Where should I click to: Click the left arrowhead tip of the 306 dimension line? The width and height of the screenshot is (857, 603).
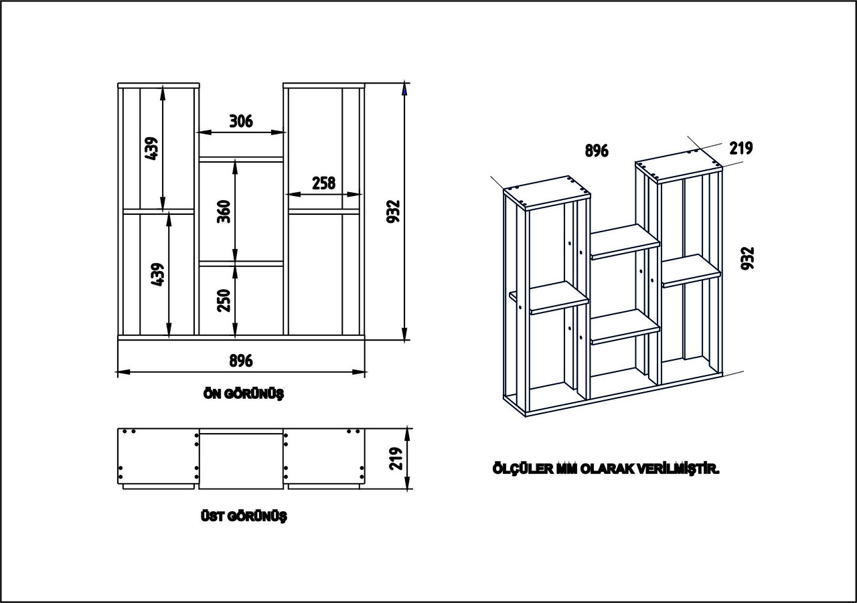click(197, 133)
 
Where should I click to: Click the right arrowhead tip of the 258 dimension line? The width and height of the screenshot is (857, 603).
click(361, 194)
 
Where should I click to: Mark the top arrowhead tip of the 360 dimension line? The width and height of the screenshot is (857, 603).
click(235, 160)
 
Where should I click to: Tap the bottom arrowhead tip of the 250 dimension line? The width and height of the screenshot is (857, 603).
click(235, 337)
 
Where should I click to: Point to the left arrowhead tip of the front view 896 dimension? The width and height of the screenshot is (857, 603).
click(117, 371)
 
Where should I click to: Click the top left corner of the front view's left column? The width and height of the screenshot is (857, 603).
click(118, 83)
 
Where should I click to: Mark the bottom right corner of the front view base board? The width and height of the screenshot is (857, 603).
click(365, 339)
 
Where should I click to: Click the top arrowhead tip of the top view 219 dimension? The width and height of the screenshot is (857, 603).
click(407, 428)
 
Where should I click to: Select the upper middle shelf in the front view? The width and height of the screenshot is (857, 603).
click(241, 159)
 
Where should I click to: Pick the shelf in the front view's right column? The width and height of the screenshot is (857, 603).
click(324, 211)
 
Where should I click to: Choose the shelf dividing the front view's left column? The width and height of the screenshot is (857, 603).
click(159, 211)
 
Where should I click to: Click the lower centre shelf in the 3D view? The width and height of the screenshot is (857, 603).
click(625, 327)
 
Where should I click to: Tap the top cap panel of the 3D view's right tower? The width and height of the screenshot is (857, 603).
click(679, 167)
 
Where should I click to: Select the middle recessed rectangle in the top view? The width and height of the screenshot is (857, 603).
click(241, 460)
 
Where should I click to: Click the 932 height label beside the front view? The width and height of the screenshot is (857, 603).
click(393, 211)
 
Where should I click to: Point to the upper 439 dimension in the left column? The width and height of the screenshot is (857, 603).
click(152, 149)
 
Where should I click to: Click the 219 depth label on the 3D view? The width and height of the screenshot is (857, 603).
click(741, 149)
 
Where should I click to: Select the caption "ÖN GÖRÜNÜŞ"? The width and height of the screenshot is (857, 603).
click(244, 394)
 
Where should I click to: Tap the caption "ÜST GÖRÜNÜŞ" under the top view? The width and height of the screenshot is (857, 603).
click(244, 517)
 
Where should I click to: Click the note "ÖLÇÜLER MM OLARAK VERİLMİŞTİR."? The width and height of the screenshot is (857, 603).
click(606, 468)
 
